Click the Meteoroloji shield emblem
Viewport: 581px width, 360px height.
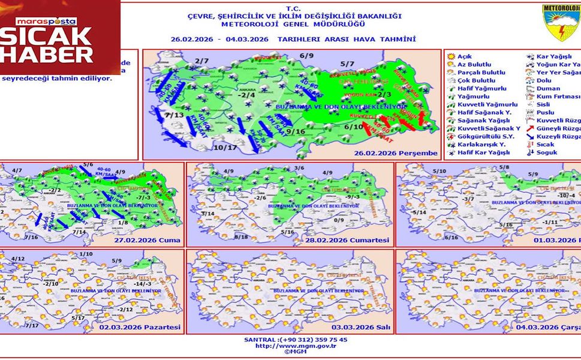561,23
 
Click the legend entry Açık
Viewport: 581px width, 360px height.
464,56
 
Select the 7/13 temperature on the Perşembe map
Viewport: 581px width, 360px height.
175,115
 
